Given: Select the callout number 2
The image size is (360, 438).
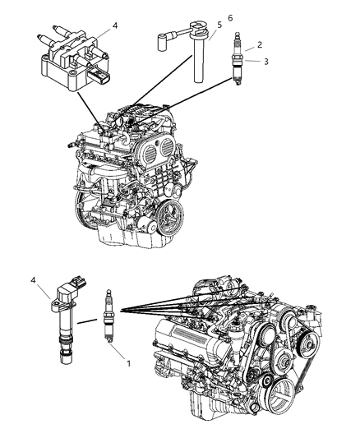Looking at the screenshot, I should (x=260, y=45).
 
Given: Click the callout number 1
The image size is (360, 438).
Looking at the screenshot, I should (x=128, y=360).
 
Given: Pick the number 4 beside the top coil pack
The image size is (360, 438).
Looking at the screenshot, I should (x=114, y=25).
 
